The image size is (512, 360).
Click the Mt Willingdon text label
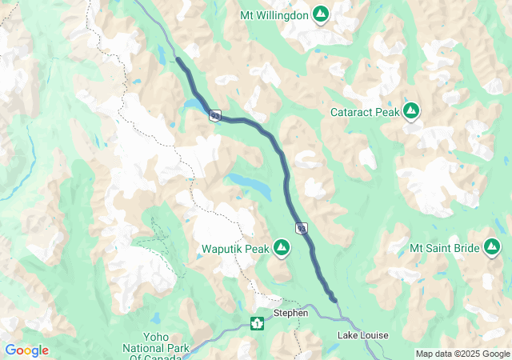tap(274, 14)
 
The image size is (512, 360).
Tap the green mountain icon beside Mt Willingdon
tap(320, 14)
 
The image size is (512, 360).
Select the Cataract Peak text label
tap(365, 112)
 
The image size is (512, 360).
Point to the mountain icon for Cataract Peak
tap(412, 110)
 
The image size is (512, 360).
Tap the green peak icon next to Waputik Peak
tap(282, 249)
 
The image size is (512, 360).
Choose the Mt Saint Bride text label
tap(444, 249)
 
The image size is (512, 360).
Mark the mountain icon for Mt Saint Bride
tap(494, 249)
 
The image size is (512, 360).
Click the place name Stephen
tap(290, 313)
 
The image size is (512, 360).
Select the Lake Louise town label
tap(363, 334)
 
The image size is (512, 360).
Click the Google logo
tap(26, 350)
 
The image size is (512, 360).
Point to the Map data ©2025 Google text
tap(462, 354)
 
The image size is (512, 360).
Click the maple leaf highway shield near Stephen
tap(257, 323)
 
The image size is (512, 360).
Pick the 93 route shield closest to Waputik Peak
tap(301, 229)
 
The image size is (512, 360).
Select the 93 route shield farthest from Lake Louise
tap(215, 116)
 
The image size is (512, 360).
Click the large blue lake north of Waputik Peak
tap(250, 184)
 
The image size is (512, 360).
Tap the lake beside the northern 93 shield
tap(194, 106)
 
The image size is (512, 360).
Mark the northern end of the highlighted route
tap(178, 59)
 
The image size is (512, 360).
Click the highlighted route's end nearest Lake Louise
tap(334, 301)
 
